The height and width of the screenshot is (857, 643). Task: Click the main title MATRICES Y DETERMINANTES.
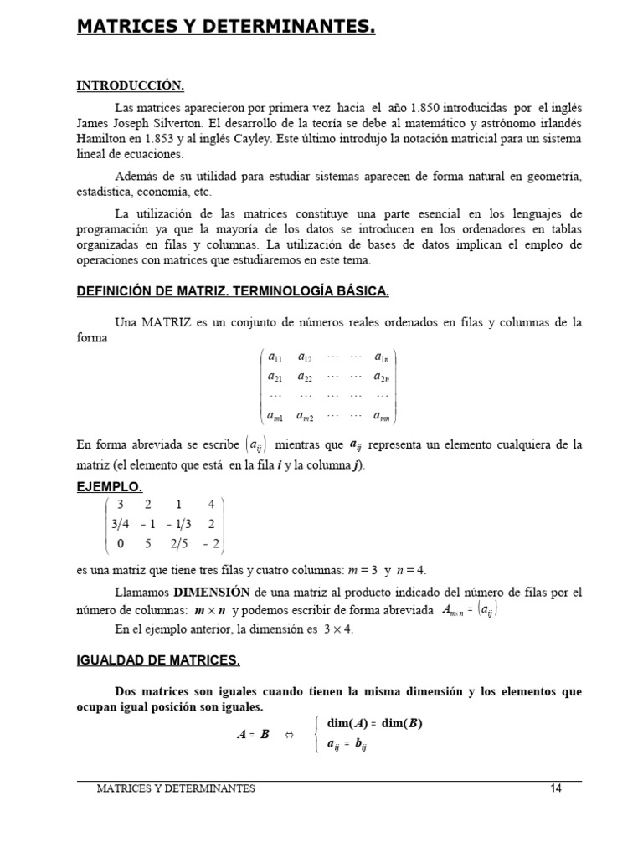click(x=226, y=28)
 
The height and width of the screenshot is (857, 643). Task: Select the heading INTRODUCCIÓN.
click(x=130, y=85)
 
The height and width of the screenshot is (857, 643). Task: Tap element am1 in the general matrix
click(x=275, y=415)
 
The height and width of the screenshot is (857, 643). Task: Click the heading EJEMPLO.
click(x=109, y=486)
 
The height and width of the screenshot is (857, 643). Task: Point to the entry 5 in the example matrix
click(x=148, y=544)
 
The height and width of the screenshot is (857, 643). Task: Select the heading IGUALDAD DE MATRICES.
click(x=158, y=661)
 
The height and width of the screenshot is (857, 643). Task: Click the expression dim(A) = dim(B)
click(x=374, y=724)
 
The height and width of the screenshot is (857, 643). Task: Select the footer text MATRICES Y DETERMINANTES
click(x=176, y=788)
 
